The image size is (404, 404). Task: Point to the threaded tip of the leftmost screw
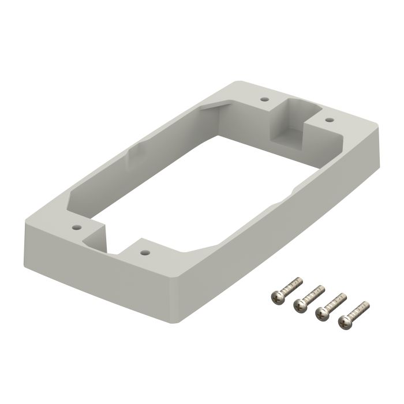(300, 279)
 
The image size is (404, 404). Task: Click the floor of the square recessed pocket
(287, 137)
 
